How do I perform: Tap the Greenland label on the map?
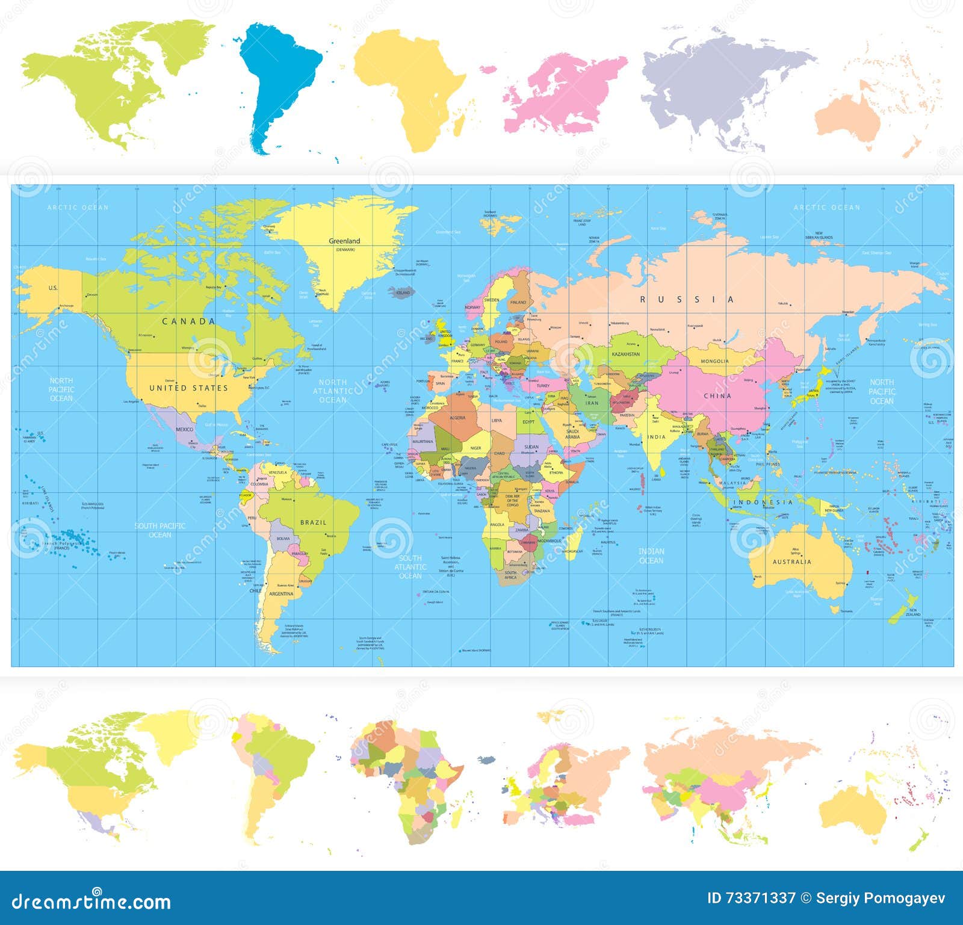point(344,241)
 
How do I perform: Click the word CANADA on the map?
point(188,321)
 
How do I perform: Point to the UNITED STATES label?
point(188,388)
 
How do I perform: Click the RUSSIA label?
point(687,300)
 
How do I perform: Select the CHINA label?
point(717,396)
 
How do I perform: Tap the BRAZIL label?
point(313,522)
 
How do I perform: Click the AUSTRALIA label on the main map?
point(791,562)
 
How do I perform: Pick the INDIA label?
point(657,437)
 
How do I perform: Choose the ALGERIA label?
point(457,418)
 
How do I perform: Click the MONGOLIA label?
point(714,362)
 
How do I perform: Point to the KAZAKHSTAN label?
point(626,354)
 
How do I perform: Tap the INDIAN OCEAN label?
point(651,555)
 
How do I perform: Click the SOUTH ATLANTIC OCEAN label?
point(410,567)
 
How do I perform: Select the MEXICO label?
point(185,429)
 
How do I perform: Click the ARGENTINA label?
point(281,594)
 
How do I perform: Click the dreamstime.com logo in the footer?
point(91,902)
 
